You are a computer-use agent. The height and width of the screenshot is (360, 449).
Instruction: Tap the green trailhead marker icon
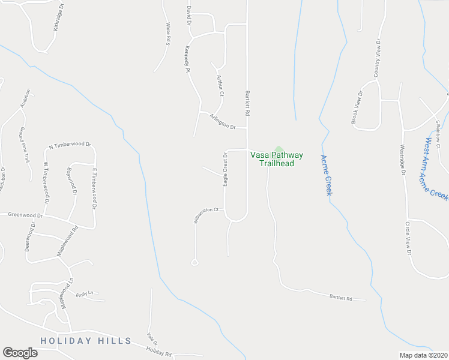click(x=278, y=148)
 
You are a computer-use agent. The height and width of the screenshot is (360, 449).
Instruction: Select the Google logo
click(x=20, y=353)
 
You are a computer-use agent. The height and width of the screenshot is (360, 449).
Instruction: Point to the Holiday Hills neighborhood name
click(x=86, y=341)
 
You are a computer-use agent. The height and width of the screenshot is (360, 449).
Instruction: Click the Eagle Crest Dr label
click(x=225, y=169)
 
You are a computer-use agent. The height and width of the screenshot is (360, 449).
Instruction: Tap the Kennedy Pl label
click(x=188, y=60)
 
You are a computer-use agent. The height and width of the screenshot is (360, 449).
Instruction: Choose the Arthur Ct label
click(x=219, y=86)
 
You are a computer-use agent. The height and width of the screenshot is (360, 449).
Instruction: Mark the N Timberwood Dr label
click(x=70, y=145)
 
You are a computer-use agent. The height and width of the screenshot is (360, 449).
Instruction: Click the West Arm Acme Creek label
click(x=436, y=170)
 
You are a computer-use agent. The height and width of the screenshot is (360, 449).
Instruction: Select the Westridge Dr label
click(x=402, y=160)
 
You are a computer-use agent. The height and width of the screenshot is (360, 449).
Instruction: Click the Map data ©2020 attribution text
click(x=423, y=355)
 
